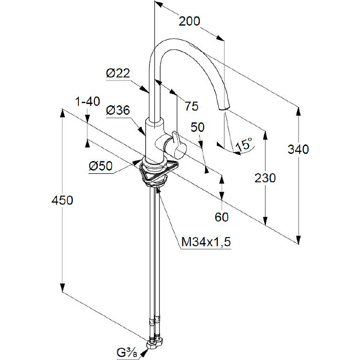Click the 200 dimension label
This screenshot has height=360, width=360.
click(x=189, y=22)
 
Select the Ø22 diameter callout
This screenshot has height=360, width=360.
click(x=118, y=73)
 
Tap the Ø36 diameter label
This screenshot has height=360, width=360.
click(x=118, y=110)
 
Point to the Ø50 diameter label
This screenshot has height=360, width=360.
click(x=100, y=166)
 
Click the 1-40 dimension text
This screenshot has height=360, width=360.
click(x=88, y=102)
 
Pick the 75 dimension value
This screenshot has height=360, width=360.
click(x=192, y=106)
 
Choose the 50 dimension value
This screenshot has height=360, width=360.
click(x=198, y=127)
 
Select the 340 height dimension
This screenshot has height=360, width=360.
click(x=298, y=149)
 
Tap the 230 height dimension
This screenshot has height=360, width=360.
click(x=265, y=178)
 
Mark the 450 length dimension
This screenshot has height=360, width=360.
click(x=62, y=200)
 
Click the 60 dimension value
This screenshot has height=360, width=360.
click(x=221, y=217)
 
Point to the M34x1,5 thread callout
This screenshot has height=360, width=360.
click(x=206, y=242)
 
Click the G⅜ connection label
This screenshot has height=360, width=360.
click(x=127, y=353)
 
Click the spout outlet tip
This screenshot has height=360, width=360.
click(x=224, y=108)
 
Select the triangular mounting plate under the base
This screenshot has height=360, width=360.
click(x=158, y=171)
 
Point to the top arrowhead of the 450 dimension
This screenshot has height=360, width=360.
click(x=62, y=113)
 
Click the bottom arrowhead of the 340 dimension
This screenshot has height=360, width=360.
click(x=298, y=239)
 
